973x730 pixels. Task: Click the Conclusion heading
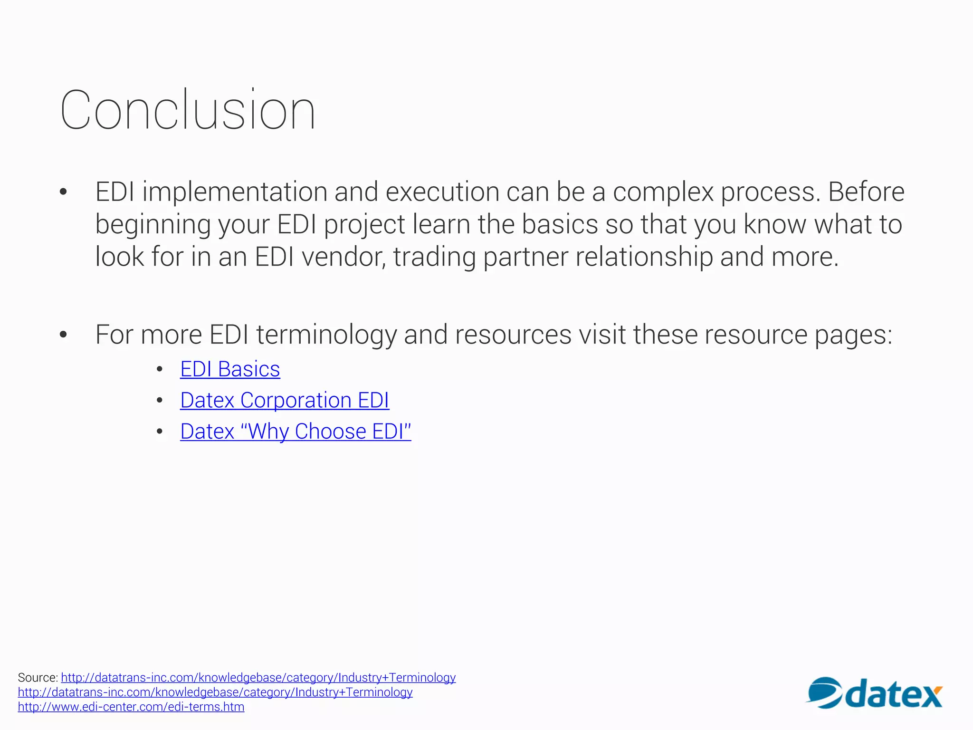[x=188, y=110]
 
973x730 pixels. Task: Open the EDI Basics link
[x=230, y=369]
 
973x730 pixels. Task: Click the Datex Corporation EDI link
[x=285, y=400]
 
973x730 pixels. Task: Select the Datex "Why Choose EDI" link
[x=296, y=432]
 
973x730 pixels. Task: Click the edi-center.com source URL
[x=131, y=707]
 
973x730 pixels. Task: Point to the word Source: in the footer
[x=38, y=678]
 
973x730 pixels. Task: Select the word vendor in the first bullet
[x=343, y=257]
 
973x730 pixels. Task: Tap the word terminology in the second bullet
[x=326, y=335]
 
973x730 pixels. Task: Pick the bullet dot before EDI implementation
[x=63, y=192]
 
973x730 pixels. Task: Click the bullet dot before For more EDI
[x=63, y=335]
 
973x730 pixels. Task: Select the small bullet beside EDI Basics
[x=160, y=369]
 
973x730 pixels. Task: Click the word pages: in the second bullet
[x=853, y=335]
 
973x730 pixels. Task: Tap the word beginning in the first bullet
[x=153, y=224]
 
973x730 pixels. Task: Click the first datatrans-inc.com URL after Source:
[x=258, y=678]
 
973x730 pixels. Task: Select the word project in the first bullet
[x=364, y=224]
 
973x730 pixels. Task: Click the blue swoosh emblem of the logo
[x=824, y=693]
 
